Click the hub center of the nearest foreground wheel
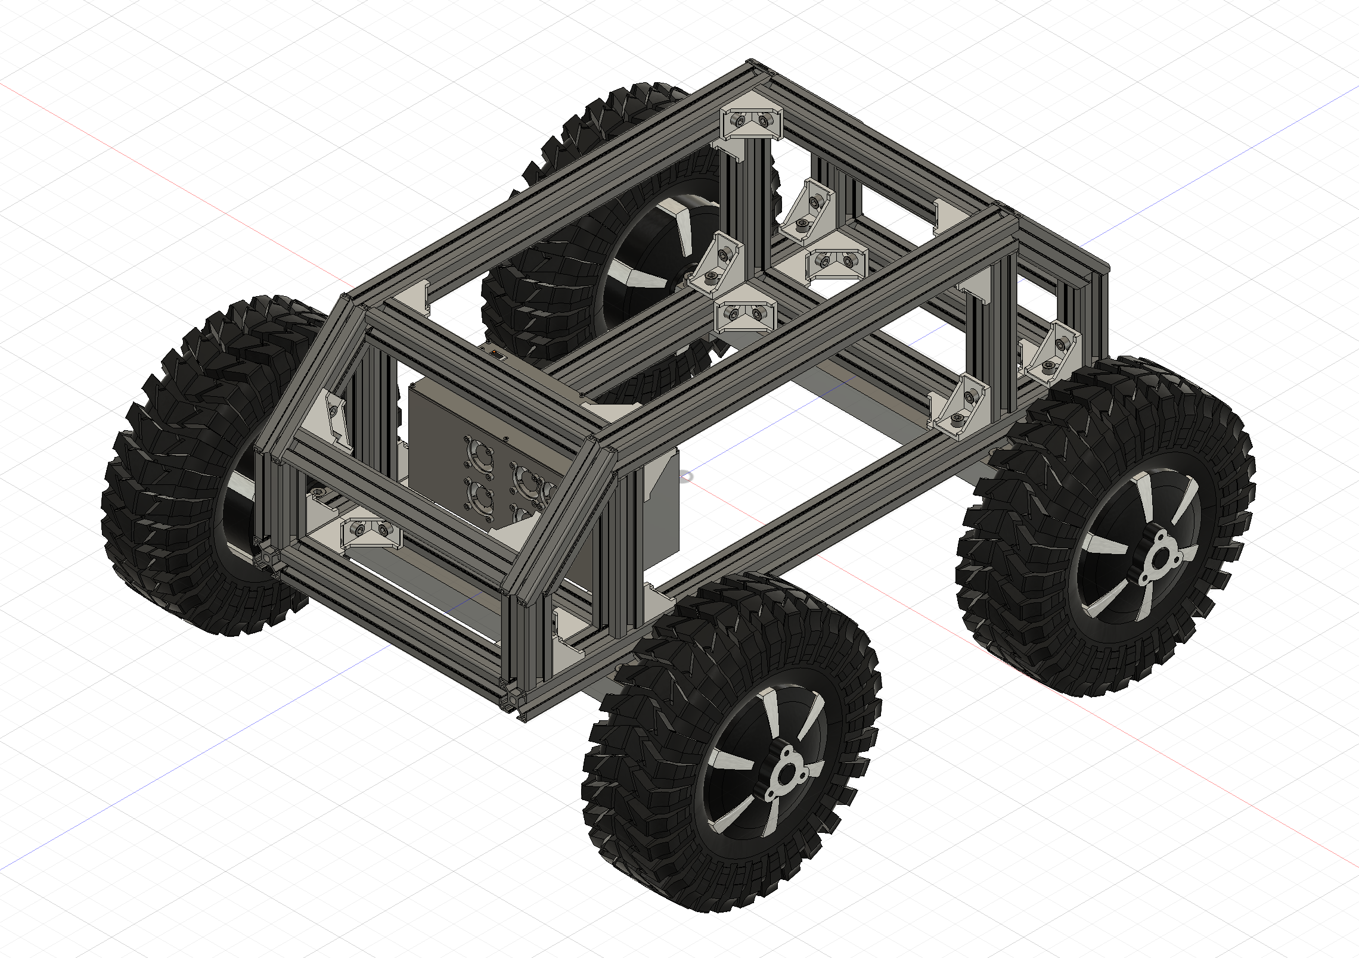click(782, 776)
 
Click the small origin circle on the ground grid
click(687, 476)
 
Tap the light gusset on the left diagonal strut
click(334, 417)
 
